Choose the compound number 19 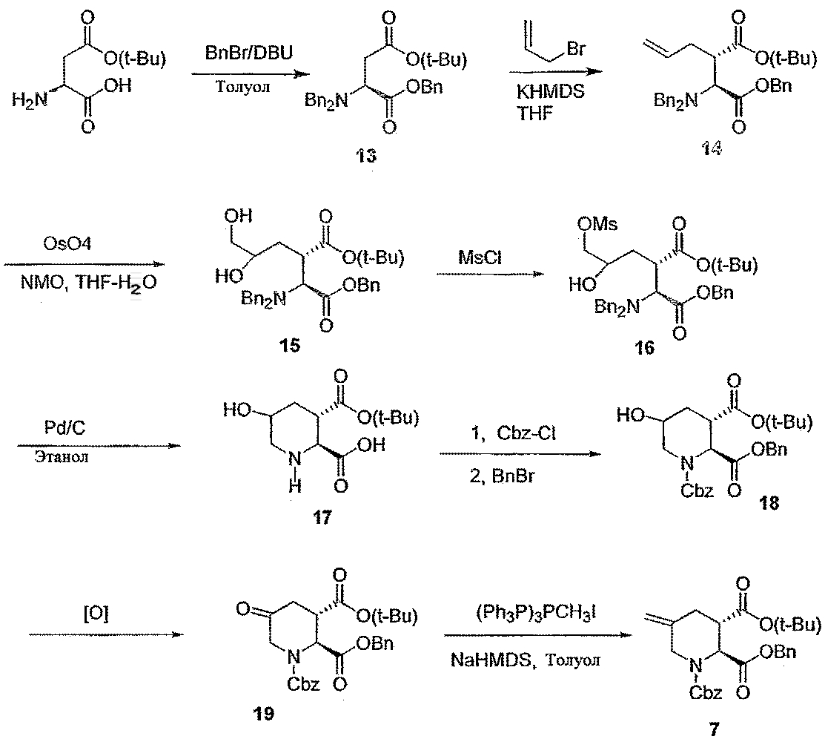(x=262, y=714)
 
